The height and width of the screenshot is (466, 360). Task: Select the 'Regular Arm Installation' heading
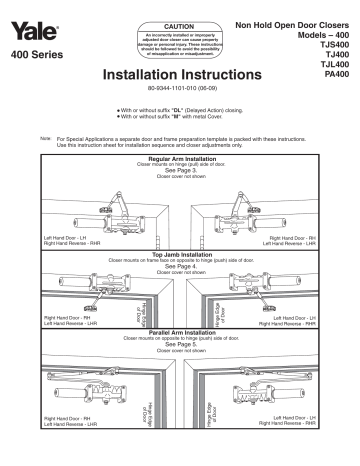[180, 158]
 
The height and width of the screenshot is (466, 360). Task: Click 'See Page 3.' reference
[180, 169]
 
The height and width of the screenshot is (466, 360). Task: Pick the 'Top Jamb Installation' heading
[180, 255]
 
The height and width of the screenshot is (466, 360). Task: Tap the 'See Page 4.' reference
[180, 266]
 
